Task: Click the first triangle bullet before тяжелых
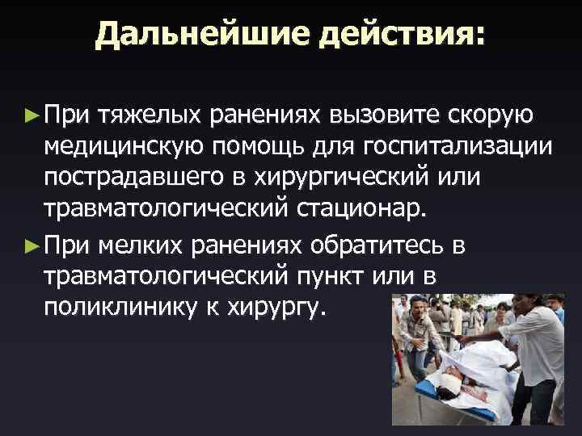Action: point(32,117)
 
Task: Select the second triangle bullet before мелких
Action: point(32,246)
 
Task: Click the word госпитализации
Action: point(453,149)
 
